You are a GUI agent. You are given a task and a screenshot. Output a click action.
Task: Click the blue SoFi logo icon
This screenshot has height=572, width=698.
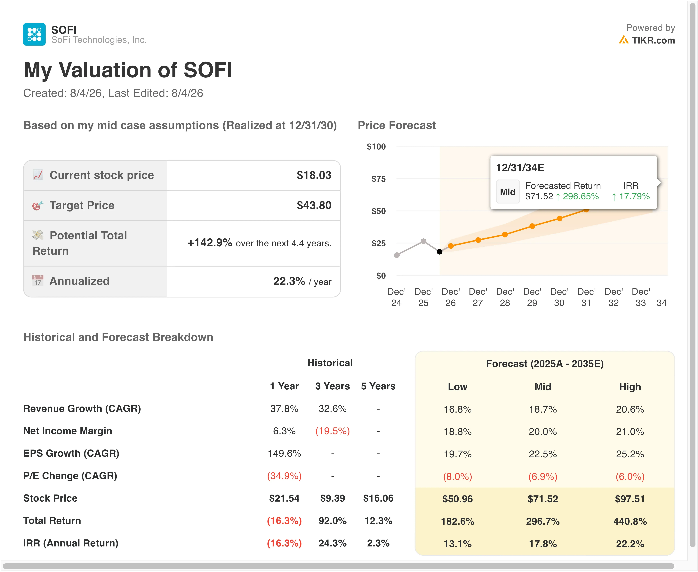pos(34,34)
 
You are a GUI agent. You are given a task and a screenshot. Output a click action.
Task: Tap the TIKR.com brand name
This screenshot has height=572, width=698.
pos(653,40)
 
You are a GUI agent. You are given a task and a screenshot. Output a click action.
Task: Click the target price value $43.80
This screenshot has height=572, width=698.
pos(314,205)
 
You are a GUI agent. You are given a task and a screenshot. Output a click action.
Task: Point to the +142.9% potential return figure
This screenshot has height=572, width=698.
pos(210,242)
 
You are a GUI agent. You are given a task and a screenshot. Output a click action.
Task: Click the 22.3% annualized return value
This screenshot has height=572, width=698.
pos(289,281)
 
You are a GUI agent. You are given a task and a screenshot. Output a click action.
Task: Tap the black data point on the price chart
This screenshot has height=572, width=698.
pos(440,252)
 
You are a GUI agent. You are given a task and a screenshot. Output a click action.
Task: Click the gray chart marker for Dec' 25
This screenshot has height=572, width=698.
pos(423,241)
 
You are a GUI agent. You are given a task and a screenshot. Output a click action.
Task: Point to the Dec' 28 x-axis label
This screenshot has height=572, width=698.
pos(505,297)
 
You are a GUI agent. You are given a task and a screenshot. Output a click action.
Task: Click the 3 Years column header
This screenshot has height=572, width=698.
pos(333,386)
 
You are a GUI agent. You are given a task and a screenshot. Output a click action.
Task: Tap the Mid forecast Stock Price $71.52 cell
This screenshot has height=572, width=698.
pos(543,499)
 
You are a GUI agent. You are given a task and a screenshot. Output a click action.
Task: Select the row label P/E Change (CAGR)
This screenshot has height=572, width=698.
pos(70,476)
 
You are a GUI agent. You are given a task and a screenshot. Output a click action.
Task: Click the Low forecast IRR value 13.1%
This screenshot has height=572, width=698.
pos(457,544)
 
